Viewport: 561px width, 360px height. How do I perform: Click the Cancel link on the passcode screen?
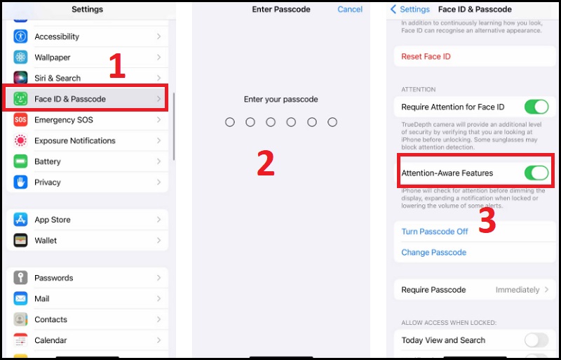click(x=350, y=10)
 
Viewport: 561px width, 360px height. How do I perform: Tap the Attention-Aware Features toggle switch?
click(x=536, y=173)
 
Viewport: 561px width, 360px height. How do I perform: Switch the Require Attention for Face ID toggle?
click(x=536, y=107)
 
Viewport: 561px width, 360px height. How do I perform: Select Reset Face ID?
click(x=426, y=56)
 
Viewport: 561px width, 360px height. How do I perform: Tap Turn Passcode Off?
click(x=434, y=232)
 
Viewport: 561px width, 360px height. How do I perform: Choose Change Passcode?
click(x=433, y=253)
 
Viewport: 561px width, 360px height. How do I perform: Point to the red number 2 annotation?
click(x=265, y=163)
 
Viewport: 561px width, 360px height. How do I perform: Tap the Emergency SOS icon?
click(x=20, y=120)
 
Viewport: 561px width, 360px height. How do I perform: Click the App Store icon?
click(x=20, y=220)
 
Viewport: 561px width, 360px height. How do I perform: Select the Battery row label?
click(x=48, y=161)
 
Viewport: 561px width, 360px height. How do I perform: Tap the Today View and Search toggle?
click(x=536, y=340)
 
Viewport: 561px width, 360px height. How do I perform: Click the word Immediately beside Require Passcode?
click(x=517, y=290)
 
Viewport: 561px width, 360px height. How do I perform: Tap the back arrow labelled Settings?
click(x=410, y=10)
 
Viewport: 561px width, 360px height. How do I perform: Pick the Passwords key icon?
click(x=20, y=278)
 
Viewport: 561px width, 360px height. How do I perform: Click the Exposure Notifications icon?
click(x=20, y=141)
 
